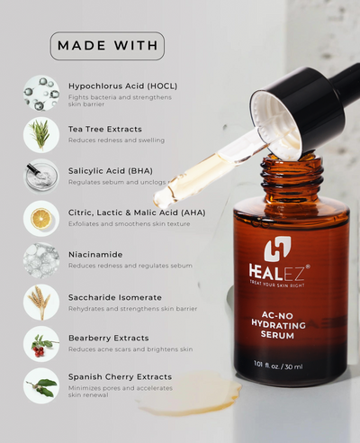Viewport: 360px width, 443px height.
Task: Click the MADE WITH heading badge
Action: pos(107,46)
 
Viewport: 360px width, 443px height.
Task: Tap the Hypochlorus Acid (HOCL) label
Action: pos(122,86)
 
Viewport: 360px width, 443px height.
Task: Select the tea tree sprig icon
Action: pos(40,135)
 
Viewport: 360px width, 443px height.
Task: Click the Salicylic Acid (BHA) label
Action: pos(111,171)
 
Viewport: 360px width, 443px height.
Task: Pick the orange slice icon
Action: pos(40,218)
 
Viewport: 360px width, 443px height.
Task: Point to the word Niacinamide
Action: pos(95,255)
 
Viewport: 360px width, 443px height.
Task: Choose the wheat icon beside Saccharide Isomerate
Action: pos(40,302)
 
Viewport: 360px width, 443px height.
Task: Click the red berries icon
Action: pos(40,343)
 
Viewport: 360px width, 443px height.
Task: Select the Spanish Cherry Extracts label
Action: pos(121,377)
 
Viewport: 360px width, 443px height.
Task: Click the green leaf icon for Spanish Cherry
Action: pos(40,385)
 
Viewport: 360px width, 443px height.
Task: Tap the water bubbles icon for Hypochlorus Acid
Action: pos(40,93)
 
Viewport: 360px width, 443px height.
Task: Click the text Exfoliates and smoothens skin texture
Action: pos(129,223)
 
